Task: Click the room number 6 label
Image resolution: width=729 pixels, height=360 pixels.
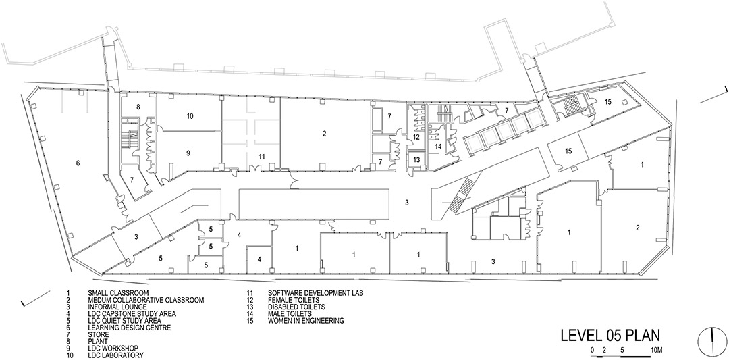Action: [78, 163]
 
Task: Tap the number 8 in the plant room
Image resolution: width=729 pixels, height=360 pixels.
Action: [138, 107]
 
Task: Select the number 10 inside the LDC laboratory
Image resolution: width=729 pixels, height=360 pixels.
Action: [190, 115]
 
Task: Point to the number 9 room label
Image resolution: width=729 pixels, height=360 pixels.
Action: [188, 153]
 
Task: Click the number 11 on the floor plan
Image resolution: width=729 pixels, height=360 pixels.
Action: [262, 157]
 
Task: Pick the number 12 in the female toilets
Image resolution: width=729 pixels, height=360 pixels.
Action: [416, 137]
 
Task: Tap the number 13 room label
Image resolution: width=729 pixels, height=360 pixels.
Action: [416, 159]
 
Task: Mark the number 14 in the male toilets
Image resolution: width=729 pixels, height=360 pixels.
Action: [437, 146]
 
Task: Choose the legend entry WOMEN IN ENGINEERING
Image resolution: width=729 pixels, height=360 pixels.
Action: [306, 320]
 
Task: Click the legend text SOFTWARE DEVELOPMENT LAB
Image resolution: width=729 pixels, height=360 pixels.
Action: [315, 293]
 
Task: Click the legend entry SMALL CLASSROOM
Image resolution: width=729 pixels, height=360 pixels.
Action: [118, 293]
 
